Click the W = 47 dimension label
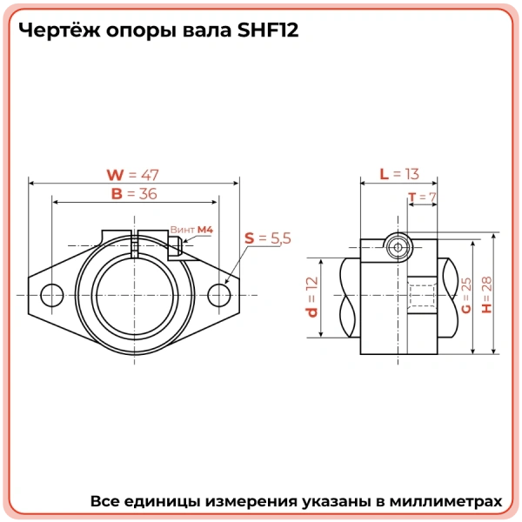[x=133, y=174]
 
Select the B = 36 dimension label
[x=134, y=194]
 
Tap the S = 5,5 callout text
[x=267, y=238]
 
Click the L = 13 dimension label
[x=398, y=174]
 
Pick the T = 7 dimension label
[x=421, y=197]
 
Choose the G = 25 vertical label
[x=466, y=296]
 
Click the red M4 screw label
[x=204, y=229]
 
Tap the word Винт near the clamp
[x=182, y=229]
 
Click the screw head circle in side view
[x=398, y=247]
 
